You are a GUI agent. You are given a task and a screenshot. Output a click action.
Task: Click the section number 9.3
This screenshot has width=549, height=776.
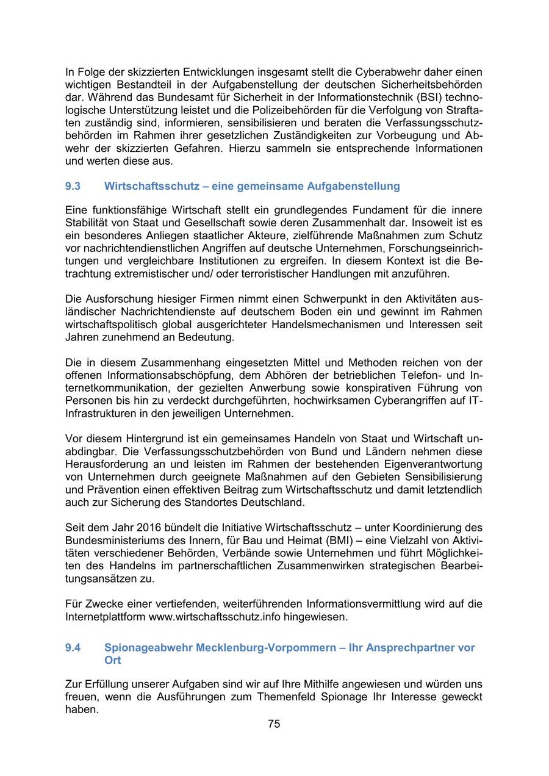click(73, 186)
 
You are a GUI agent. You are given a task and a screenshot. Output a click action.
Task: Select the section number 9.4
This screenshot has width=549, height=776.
click(73, 648)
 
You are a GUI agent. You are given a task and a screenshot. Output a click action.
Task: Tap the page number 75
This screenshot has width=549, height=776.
click(274, 724)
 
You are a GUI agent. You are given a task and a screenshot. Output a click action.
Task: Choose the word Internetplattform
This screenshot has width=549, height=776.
click(106, 617)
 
